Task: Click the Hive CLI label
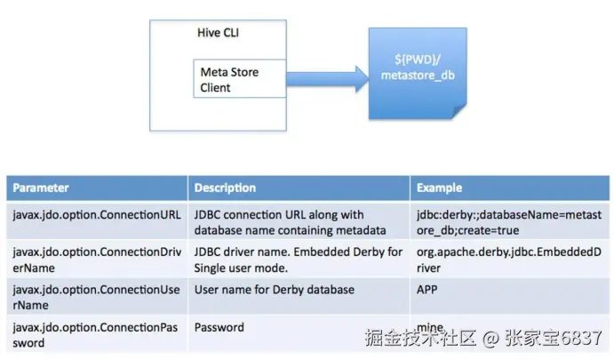tap(218, 33)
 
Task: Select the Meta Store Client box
tap(240, 79)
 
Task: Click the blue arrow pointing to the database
tap(327, 79)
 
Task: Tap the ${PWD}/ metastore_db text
tap(418, 68)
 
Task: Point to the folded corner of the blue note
tap(459, 112)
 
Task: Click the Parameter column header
tap(41, 188)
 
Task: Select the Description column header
tap(225, 188)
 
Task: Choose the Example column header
tap(439, 188)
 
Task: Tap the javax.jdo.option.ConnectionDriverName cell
tap(97, 260)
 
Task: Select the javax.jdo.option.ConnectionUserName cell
tap(96, 297)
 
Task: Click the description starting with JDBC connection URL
tap(291, 222)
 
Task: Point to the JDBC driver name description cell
tap(299, 260)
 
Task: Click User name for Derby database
tap(275, 290)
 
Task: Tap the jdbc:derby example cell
tap(509, 222)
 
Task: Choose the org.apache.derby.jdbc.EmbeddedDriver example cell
tap(509, 260)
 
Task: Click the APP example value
tap(427, 290)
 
